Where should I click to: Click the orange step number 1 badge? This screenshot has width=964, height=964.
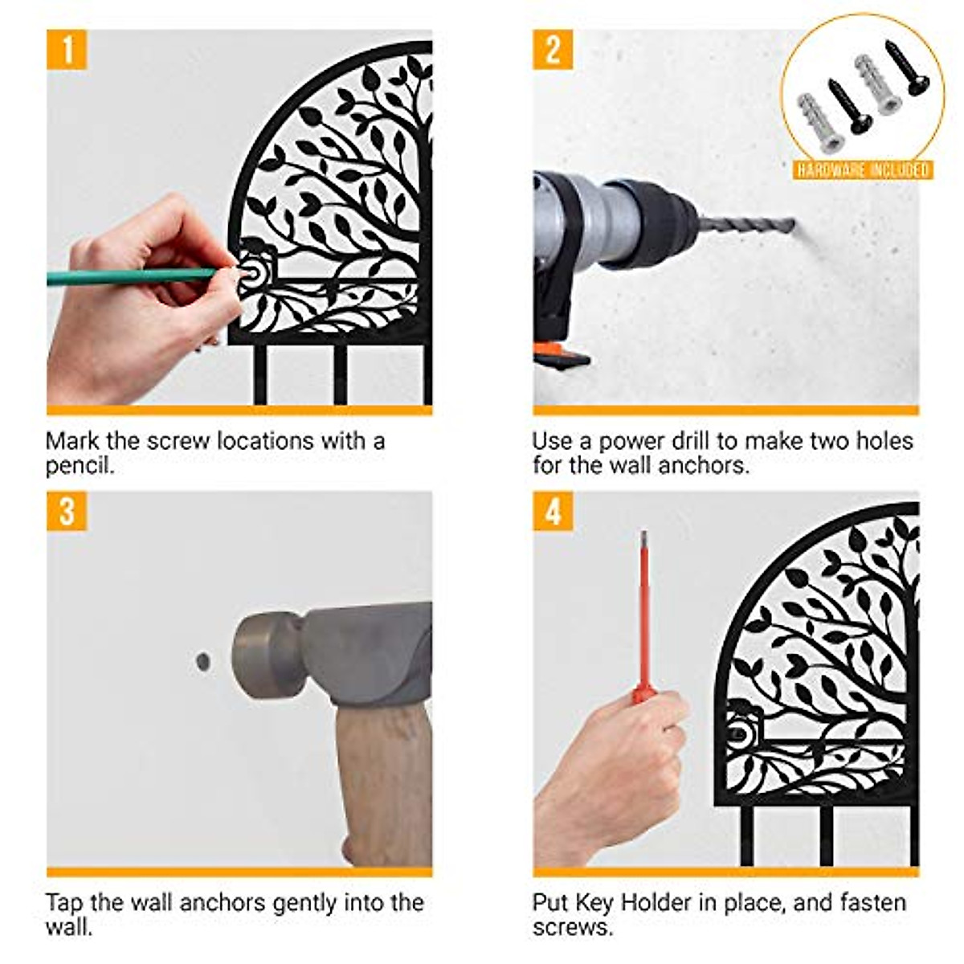click(x=67, y=50)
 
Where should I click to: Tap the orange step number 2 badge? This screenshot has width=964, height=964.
click(x=553, y=50)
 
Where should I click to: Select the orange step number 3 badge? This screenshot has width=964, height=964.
click(x=67, y=511)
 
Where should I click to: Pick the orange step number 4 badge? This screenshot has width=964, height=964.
click(x=553, y=511)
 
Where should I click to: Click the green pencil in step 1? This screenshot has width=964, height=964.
click(x=133, y=276)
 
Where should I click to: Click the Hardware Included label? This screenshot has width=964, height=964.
click(x=863, y=170)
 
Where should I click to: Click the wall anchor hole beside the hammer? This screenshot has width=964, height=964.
click(x=203, y=661)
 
